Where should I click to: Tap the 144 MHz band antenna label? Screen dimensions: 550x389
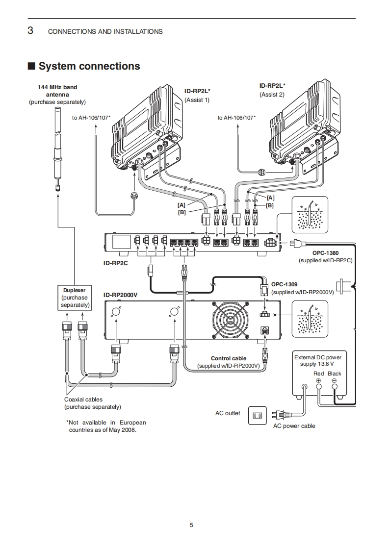57,91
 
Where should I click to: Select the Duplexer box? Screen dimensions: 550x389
74,298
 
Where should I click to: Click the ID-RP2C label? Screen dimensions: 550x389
116,263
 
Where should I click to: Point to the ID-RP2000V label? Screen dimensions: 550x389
121,295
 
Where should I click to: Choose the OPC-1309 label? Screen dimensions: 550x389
285,284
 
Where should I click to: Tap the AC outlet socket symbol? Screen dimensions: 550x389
256,415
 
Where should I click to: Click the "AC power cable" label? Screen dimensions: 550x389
294,426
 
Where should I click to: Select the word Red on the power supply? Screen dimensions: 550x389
319,374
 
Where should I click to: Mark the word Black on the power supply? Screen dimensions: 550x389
335,374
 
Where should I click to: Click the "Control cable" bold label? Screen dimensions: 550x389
229,358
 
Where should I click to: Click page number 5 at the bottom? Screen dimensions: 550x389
191,525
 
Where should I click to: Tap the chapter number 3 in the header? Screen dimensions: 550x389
30,31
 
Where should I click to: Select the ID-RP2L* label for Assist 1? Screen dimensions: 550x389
197,91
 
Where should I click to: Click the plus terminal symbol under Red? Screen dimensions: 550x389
318,380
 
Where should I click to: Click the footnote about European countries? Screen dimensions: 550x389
106,426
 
